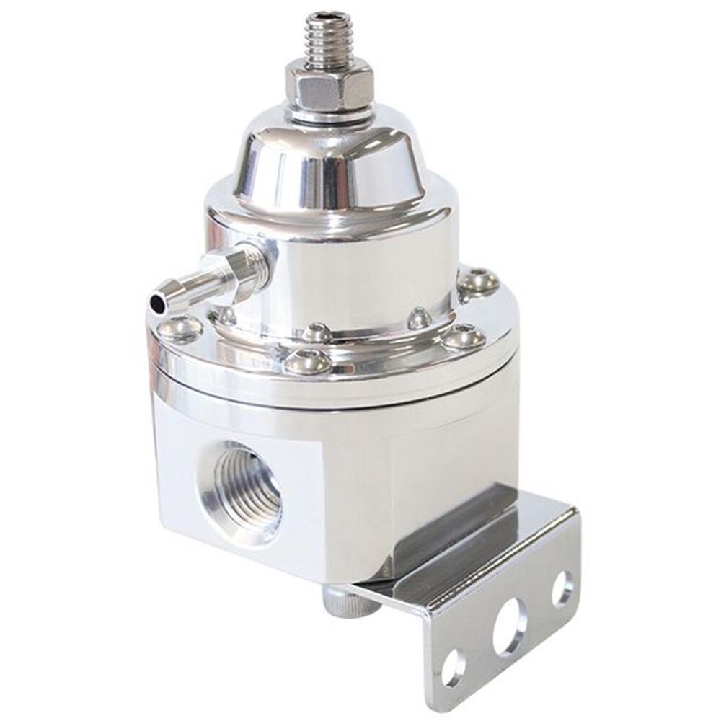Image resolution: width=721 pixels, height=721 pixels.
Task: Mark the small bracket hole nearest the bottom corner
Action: coord(452,668)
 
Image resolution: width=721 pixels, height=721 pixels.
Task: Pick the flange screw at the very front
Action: coord(308,360)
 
